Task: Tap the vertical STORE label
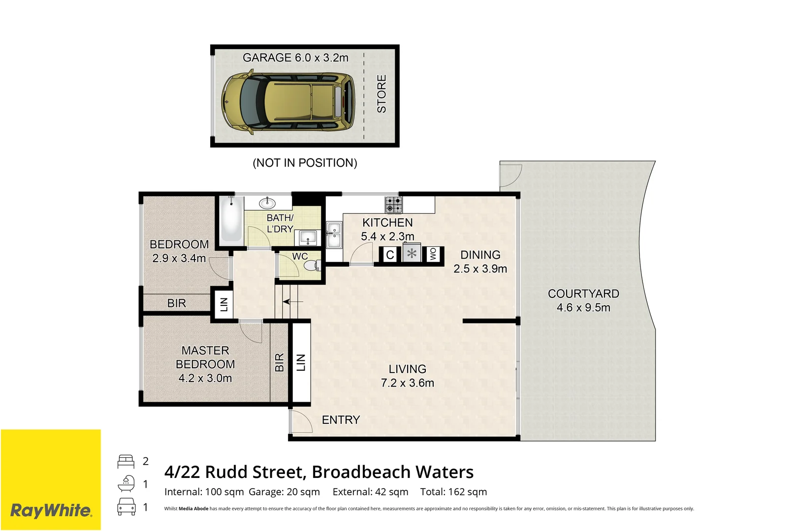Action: click(382, 94)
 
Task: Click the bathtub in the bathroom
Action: click(231, 220)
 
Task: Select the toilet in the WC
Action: click(312, 266)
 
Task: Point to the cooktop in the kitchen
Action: click(393, 205)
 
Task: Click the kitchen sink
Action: click(334, 235)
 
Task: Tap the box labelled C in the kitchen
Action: click(390, 255)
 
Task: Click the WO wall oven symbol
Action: click(433, 254)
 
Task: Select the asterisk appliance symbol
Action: click(412, 254)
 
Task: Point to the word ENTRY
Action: click(341, 420)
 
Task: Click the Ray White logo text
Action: click(51, 510)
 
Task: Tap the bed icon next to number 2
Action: click(126, 461)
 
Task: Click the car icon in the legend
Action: click(127, 507)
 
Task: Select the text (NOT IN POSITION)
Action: click(305, 163)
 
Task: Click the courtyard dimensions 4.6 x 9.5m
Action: click(583, 308)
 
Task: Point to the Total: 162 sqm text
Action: click(453, 492)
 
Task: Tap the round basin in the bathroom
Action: click(267, 203)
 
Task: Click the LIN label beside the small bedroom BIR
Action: click(224, 304)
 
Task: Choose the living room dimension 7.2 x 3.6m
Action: click(407, 383)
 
